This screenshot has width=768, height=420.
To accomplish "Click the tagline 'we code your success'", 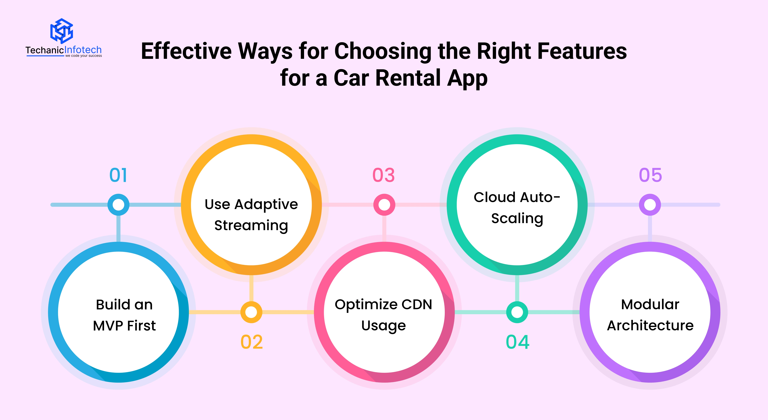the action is (83, 56).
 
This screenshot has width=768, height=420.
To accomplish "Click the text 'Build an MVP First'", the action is (124, 315).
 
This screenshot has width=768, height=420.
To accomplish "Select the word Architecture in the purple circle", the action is (650, 326).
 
